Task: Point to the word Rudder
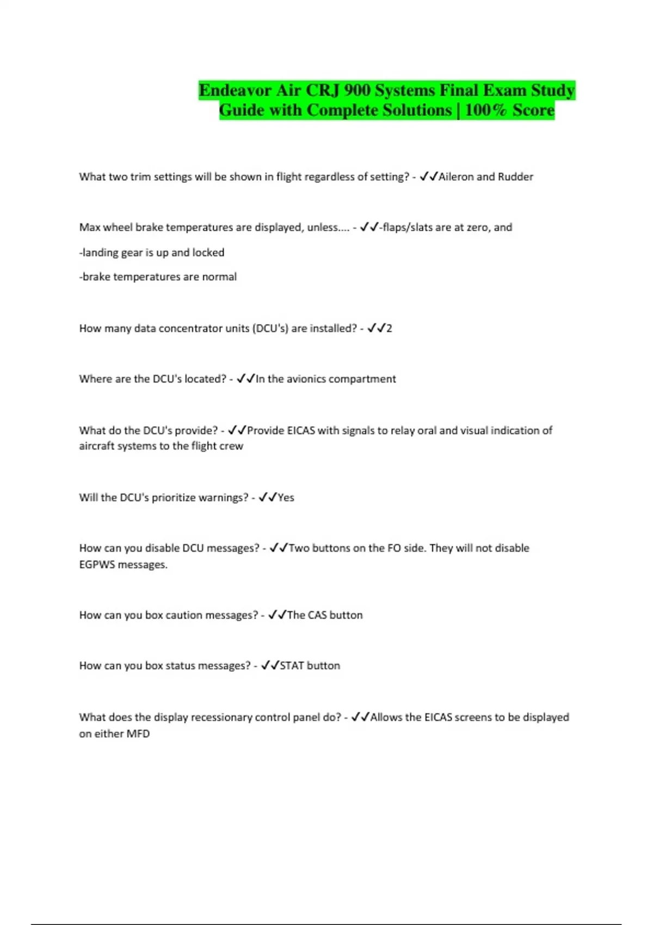(x=515, y=177)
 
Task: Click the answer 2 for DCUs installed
(x=389, y=329)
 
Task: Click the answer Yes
(x=286, y=497)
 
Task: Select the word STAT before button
(x=292, y=666)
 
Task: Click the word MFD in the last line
(x=138, y=734)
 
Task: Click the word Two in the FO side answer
(x=299, y=548)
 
